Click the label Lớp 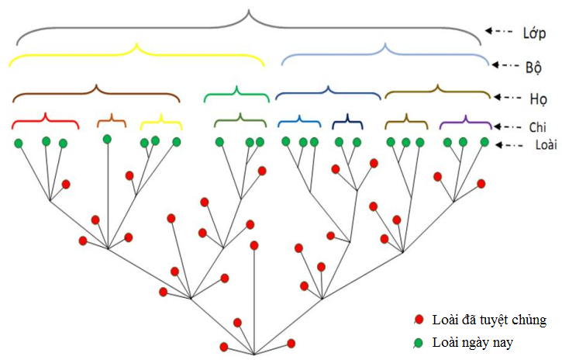(x=533, y=33)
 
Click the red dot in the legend (x=419, y=319)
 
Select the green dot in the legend (x=419, y=341)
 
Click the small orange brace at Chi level (x=111, y=120)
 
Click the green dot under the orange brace (x=107, y=139)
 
